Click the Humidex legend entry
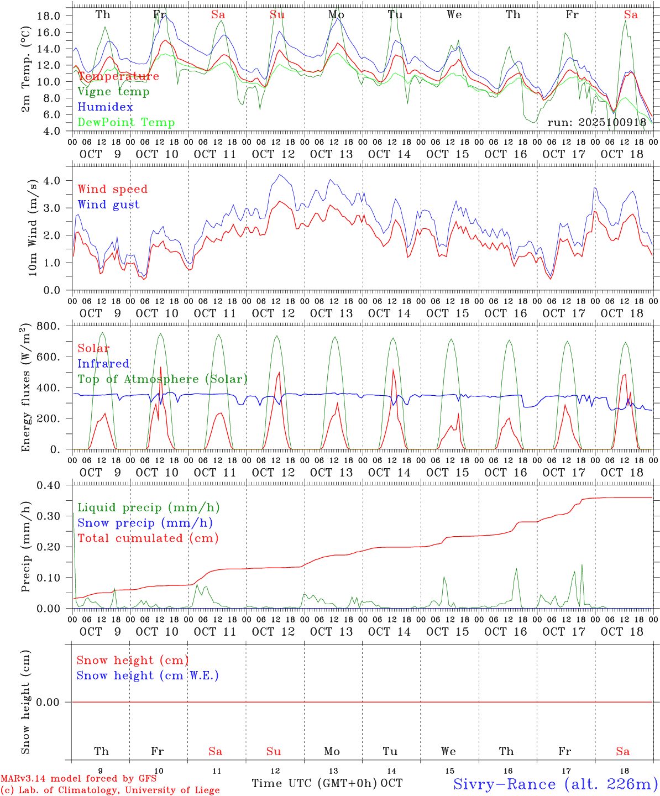coord(105,107)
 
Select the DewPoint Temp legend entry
coord(126,123)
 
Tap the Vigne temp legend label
coord(113,92)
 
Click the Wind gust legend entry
coord(108,205)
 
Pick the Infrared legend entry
coord(103,364)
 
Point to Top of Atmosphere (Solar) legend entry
coord(163,379)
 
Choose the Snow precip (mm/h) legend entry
coord(145,523)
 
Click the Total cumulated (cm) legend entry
coord(148,538)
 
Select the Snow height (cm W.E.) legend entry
coord(148,675)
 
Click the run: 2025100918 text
coord(596,123)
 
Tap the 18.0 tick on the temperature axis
coord(49,15)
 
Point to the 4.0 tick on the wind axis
coord(51,180)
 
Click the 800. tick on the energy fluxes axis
coord(49,326)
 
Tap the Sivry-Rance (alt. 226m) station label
coord(555,784)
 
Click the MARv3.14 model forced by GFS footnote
coord(78,779)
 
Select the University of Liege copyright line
coord(110,790)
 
